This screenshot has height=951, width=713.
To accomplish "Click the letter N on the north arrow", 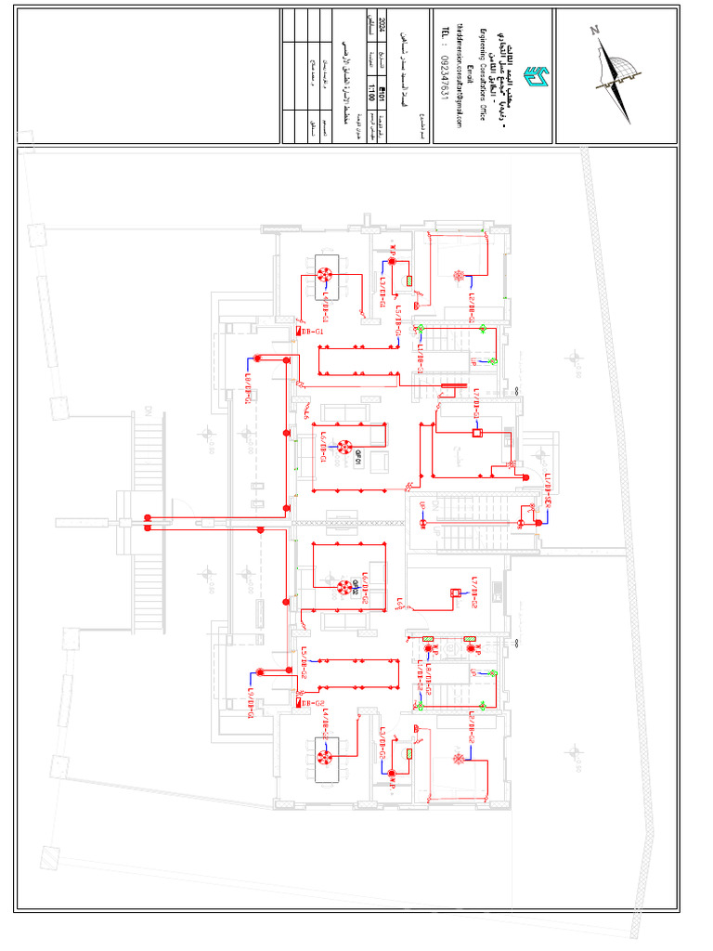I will (594, 31).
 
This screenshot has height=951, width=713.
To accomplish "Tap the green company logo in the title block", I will (536, 74).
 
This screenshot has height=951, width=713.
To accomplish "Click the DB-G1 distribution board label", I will (312, 331).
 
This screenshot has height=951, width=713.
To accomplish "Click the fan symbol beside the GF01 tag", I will (343, 446).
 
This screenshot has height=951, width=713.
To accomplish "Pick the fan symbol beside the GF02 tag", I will (343, 587).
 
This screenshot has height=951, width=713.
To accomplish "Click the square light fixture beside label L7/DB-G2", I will (455, 593).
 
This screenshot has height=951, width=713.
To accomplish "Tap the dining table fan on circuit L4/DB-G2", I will (325, 757).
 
